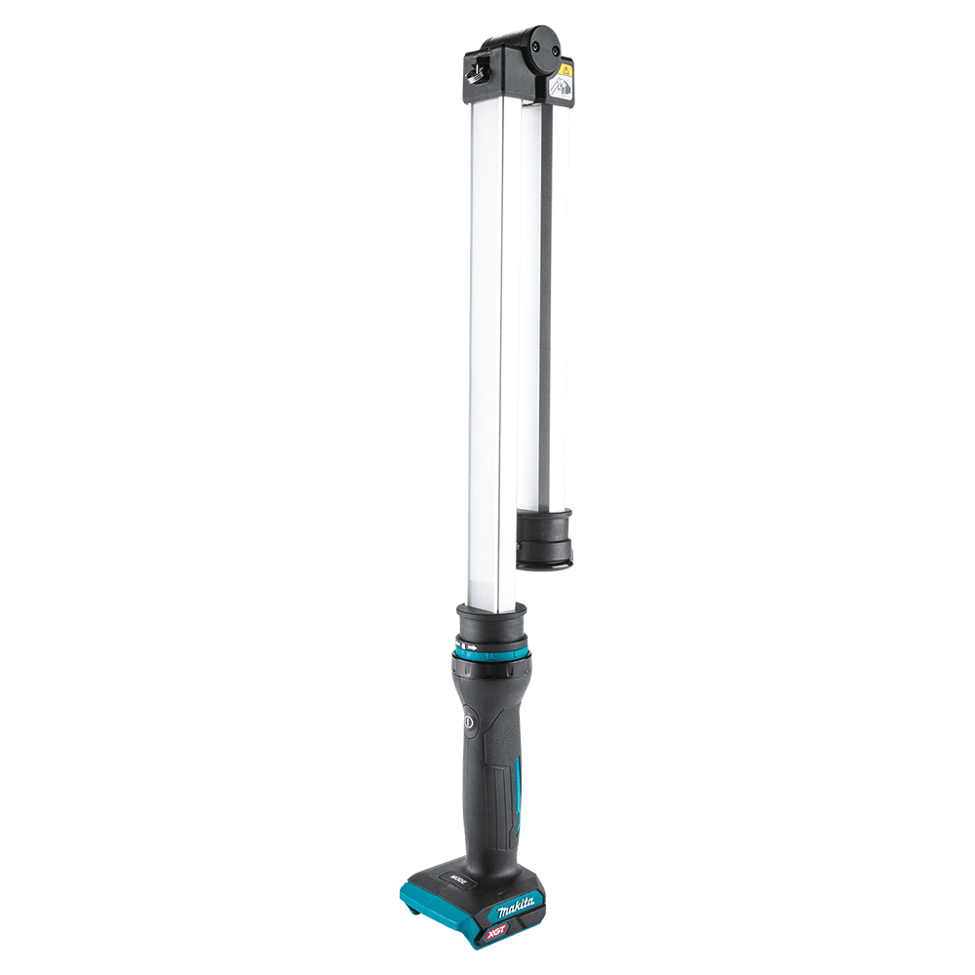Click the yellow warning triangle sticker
click(565, 70)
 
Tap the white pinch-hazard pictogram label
click(561, 88)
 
